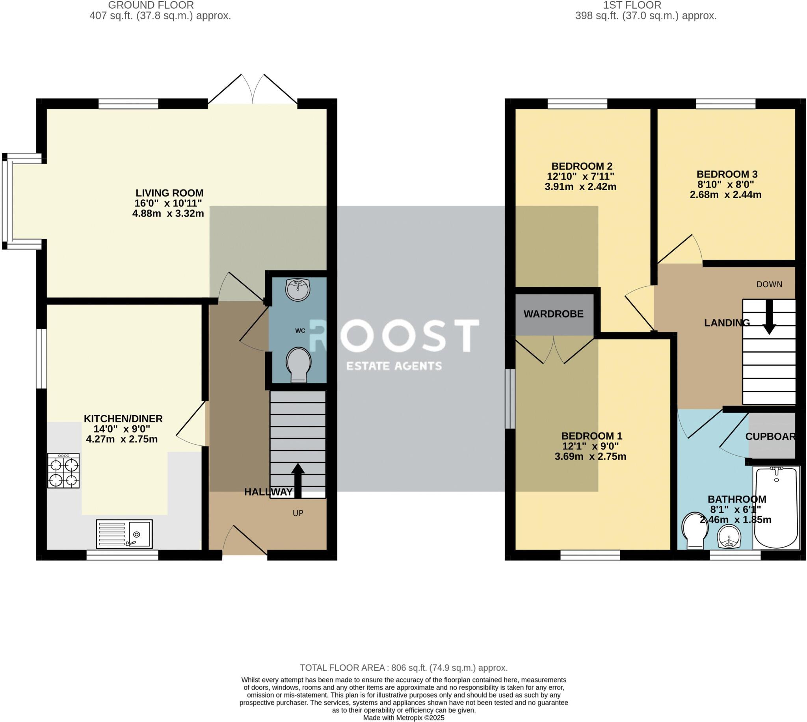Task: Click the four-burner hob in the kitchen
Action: [63, 471]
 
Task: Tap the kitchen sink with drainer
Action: [124, 534]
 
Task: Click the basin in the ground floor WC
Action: [297, 290]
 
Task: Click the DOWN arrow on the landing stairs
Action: [769, 317]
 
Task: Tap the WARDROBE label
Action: [554, 314]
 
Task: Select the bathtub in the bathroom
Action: [776, 508]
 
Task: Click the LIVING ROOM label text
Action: [169, 193]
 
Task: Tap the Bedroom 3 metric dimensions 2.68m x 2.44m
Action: [725, 195]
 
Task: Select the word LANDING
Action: [727, 323]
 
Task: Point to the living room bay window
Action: [8, 201]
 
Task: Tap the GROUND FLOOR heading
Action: [151, 5]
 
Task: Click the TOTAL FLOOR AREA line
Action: [403, 668]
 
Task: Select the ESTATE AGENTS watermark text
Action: [394, 366]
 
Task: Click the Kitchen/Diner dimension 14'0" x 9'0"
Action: [122, 429]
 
